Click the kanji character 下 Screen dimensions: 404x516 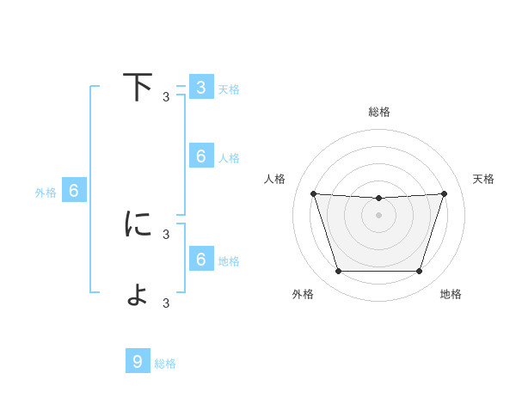tap(137, 88)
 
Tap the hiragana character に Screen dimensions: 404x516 tap(138, 224)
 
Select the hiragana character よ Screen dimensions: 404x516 tap(138, 294)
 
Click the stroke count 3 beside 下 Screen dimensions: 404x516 tap(166, 97)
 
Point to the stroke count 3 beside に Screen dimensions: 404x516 tap(166, 234)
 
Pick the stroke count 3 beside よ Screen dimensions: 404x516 tap(166, 303)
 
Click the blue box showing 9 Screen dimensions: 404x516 tap(138, 362)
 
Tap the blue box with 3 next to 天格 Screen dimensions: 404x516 tap(200, 88)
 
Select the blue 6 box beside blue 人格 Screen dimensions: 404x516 tap(200, 156)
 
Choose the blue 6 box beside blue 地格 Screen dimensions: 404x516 tap(200, 260)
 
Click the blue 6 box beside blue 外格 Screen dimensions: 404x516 tap(74, 192)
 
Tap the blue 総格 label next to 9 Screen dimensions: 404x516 tap(165, 364)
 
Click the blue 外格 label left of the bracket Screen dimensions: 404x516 tap(46, 193)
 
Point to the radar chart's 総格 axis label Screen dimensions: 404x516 tap(378, 112)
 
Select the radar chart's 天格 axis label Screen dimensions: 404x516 tap(483, 179)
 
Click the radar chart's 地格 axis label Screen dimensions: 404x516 tap(451, 295)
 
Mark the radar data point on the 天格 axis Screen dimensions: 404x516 tap(444, 193)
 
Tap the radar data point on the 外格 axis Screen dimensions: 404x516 tap(338, 272)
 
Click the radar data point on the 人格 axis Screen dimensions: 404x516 tap(313, 193)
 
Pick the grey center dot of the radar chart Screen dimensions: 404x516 tap(378, 215)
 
